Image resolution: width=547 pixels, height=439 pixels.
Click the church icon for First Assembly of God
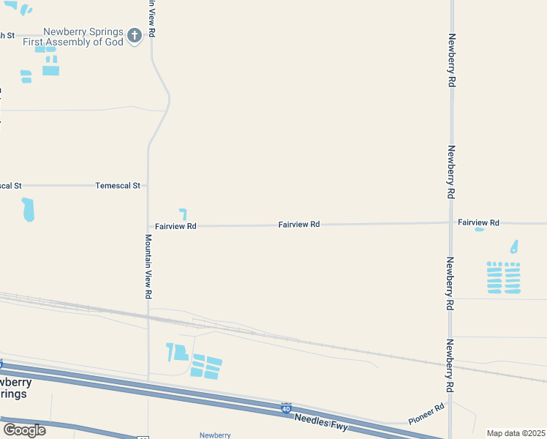coord(134,35)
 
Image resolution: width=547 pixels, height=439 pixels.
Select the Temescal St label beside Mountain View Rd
coord(117,186)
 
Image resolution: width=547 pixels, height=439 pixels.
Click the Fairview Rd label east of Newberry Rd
coord(478,222)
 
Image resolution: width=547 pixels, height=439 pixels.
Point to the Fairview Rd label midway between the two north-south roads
coord(298,225)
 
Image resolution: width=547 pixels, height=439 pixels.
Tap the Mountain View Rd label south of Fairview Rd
coord(148,266)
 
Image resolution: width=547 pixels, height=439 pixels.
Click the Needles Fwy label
coord(321,422)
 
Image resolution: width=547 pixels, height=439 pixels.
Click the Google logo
coord(24,430)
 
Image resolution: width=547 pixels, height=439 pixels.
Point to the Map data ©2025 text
coord(515,433)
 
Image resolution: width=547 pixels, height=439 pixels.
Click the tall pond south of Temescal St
coord(28,210)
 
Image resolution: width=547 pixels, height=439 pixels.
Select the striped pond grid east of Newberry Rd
coord(503,278)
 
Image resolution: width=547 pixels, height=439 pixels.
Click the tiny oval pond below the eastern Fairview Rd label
coord(480,230)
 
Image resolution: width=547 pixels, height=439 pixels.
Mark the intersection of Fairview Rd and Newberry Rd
coord(450,222)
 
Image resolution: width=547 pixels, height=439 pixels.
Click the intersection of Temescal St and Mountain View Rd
coord(148,186)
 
